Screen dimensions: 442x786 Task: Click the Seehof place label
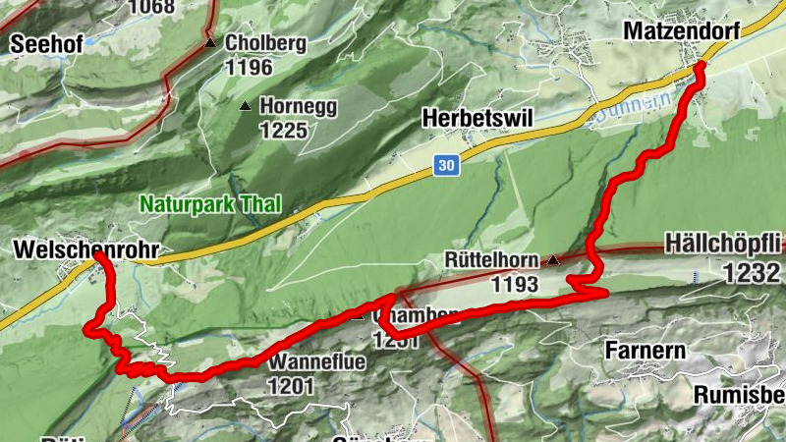[x=46, y=44]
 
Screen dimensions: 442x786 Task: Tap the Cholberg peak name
[x=265, y=44]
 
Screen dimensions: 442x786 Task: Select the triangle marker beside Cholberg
[x=210, y=44]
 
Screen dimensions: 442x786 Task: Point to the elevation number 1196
[x=248, y=69]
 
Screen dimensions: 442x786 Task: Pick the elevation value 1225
[x=284, y=130]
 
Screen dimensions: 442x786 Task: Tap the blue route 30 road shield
[x=446, y=167]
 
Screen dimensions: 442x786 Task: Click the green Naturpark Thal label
[x=210, y=205]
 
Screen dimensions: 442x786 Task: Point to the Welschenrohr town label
[x=86, y=250]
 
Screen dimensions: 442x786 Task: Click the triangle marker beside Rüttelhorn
[x=554, y=261]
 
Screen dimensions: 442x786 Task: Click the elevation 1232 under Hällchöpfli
[x=752, y=275]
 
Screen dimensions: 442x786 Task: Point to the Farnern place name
[x=639, y=350]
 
